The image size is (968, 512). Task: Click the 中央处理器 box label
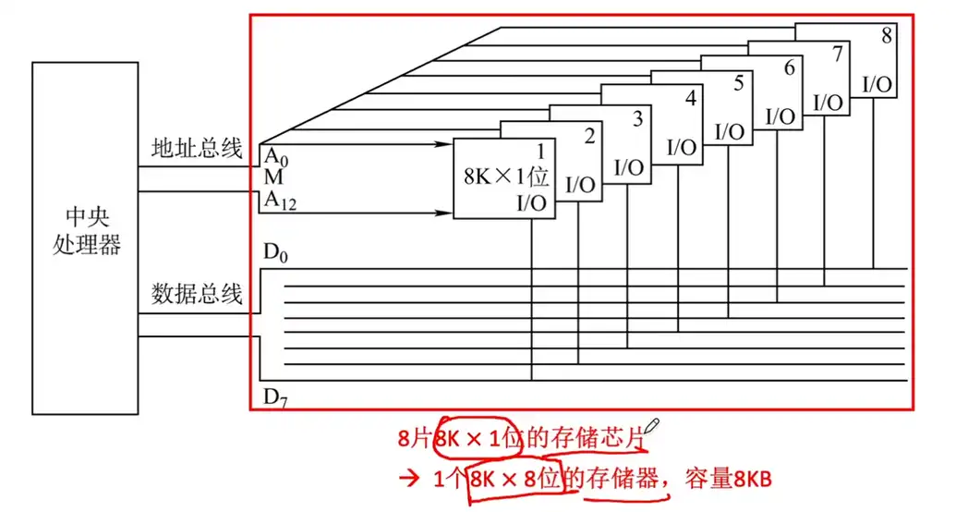87,230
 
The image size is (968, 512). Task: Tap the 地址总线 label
197,147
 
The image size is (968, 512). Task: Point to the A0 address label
274,156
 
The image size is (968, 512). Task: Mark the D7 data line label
275,397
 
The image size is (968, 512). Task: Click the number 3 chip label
638,118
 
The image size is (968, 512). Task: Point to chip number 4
689,97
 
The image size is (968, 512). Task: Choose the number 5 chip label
738,83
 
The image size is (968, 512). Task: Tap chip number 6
788,67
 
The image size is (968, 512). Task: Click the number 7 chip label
837,53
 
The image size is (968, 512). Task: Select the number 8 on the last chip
887,36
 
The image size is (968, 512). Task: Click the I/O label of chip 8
877,84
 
